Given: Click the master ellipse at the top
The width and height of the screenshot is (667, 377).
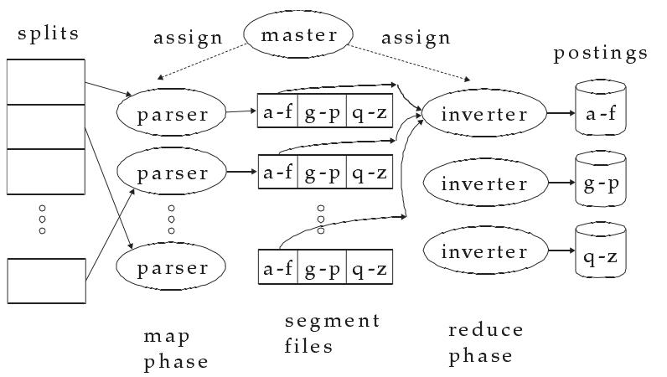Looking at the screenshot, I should (298, 35).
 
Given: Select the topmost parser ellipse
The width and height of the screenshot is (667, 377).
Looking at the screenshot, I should (173, 112).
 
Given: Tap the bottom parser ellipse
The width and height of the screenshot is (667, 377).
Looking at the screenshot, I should (173, 267).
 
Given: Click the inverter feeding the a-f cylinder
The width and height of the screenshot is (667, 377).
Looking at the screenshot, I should (484, 112).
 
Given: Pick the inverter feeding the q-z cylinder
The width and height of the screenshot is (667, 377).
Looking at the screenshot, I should (484, 251).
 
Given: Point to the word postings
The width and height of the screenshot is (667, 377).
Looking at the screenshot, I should (601, 54).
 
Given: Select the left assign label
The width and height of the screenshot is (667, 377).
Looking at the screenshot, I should (188, 38).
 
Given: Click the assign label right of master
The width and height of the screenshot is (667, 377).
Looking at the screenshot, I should (416, 38).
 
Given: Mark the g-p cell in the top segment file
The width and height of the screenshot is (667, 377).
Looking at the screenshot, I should (321, 112).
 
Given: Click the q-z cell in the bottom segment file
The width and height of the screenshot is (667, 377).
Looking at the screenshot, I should (370, 269).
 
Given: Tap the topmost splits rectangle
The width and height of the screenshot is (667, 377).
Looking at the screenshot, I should (46, 81).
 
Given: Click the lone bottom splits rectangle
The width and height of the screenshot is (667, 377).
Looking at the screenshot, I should (46, 280).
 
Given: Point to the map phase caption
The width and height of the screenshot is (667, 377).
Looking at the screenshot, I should (175, 349).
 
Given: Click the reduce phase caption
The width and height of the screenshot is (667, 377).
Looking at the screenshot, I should (485, 343).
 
